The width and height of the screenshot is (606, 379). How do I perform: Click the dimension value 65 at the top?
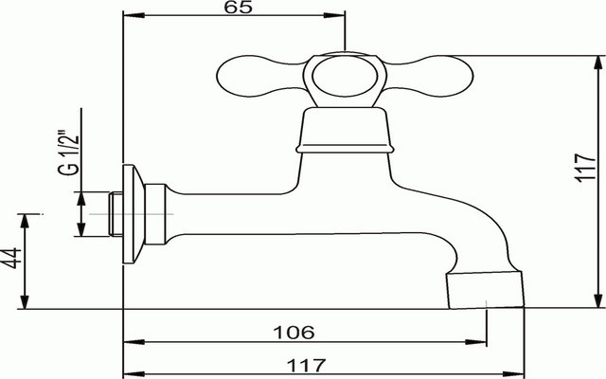(238, 7)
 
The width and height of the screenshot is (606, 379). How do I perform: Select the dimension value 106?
(294, 333)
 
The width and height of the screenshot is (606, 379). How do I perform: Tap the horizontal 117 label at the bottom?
(307, 365)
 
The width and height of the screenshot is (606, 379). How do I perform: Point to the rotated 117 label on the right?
(585, 168)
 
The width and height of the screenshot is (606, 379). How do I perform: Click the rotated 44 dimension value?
(10, 258)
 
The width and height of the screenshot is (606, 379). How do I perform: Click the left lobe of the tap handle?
(259, 76)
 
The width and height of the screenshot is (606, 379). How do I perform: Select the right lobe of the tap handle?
(430, 76)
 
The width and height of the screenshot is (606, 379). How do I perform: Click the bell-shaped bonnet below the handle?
(345, 131)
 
